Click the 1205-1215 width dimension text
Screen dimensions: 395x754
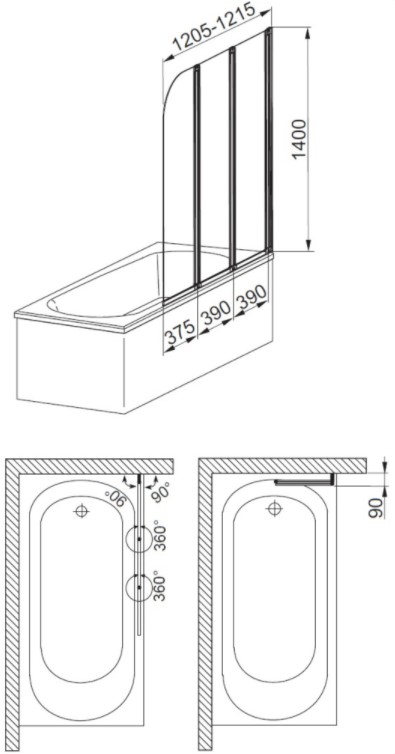(x=215, y=29)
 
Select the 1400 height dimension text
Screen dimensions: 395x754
(x=300, y=139)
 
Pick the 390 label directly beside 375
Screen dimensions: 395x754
(x=215, y=313)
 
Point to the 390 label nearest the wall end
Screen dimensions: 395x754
(x=251, y=297)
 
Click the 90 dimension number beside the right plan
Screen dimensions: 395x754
(x=376, y=508)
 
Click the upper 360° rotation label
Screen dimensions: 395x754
(x=160, y=536)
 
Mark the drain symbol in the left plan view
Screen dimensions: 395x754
(x=81, y=510)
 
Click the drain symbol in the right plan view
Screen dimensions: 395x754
(x=274, y=507)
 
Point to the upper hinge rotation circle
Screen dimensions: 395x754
(x=127, y=539)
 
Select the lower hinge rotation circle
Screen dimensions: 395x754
(x=127, y=588)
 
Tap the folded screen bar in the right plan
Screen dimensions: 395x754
(x=304, y=483)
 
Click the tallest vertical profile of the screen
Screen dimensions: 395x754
(x=268, y=139)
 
